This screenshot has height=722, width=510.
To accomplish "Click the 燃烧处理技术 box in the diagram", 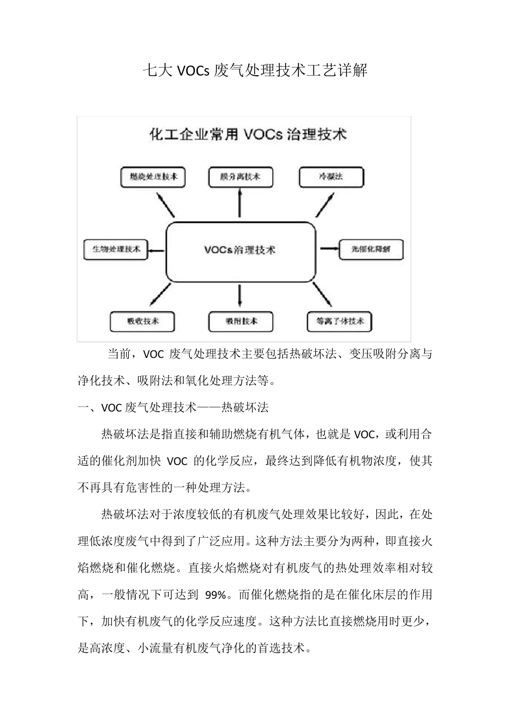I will [154, 177].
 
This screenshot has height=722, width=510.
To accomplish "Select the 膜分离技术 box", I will [240, 177].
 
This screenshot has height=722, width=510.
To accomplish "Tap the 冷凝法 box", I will [331, 177].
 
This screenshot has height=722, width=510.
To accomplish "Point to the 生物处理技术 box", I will [116, 250].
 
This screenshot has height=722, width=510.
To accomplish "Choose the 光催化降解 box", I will [371, 250].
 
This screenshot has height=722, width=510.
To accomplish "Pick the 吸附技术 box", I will [241, 321].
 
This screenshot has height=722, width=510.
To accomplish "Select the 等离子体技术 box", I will [340, 321].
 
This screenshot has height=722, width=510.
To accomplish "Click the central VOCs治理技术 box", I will [240, 250].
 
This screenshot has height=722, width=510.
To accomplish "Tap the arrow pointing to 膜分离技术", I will [239, 204].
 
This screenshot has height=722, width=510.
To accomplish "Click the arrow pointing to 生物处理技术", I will [156, 250].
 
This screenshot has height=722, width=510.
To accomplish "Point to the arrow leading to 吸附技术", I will [240, 296].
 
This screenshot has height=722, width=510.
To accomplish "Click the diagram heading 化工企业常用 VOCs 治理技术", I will [247, 134].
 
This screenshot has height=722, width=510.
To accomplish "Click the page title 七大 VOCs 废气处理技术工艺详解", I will [255, 71].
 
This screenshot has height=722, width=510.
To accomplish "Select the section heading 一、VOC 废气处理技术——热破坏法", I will [173, 408].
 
